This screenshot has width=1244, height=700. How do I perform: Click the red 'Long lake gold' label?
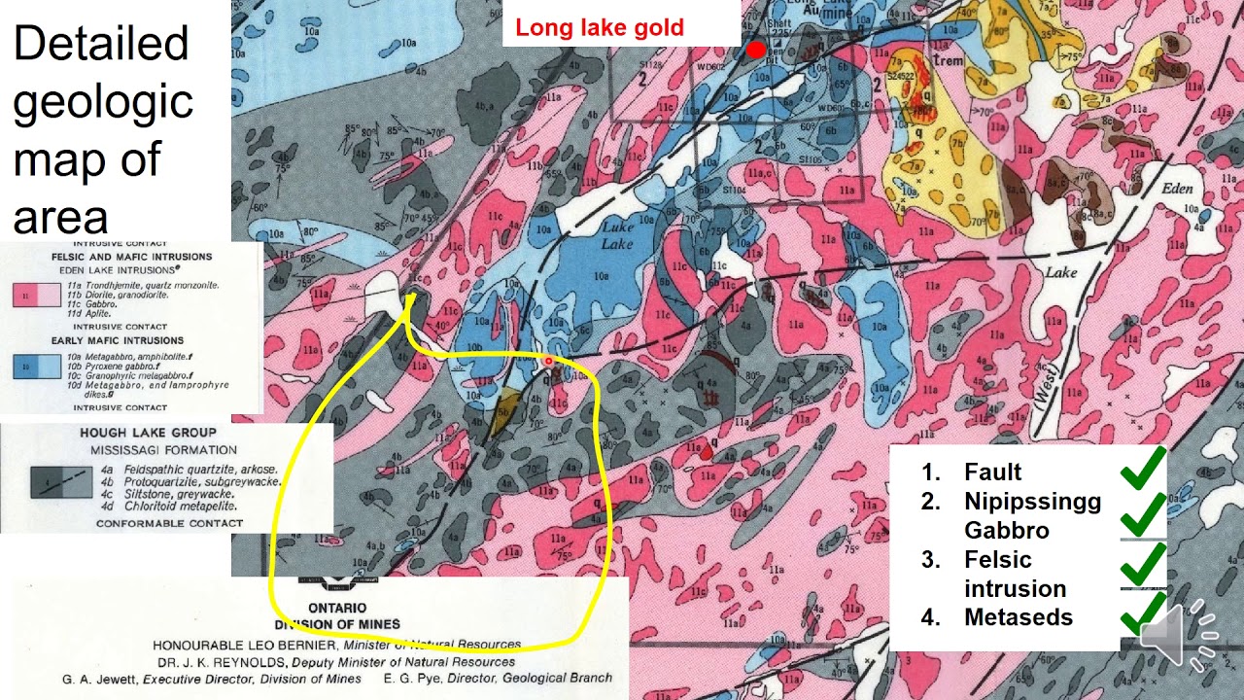pyautogui.click(x=600, y=28)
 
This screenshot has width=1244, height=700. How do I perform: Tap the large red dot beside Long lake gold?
pyautogui.click(x=755, y=50)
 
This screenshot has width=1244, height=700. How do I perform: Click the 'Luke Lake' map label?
pyautogui.click(x=616, y=234)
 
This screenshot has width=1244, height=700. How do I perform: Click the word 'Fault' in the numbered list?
pyautogui.click(x=992, y=472)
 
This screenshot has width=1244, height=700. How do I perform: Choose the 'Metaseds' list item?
pyautogui.click(x=1018, y=617)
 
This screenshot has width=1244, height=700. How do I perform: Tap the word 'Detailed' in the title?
pyautogui.click(x=101, y=44)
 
